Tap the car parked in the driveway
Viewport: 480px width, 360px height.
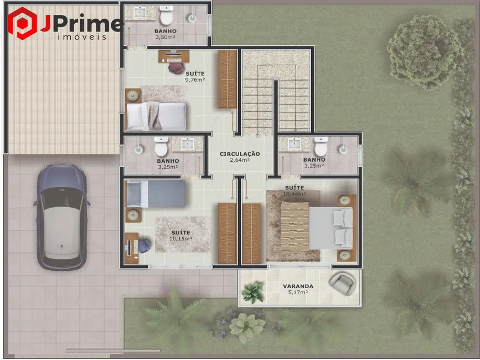click(x=61, y=216)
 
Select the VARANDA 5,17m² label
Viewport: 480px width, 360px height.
click(x=298, y=290)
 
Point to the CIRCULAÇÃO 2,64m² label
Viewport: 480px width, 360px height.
click(x=240, y=157)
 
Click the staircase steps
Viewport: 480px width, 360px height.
click(x=275, y=94)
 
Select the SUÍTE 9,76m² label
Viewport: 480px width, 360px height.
click(x=195, y=76)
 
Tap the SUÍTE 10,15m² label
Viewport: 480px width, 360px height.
click(x=182, y=235)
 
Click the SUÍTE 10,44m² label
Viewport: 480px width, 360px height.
click(x=293, y=191)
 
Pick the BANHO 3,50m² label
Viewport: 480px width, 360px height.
click(x=166, y=34)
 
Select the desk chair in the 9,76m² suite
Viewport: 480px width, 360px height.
click(x=176, y=67)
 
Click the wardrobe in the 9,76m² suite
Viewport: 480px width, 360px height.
click(x=228, y=79)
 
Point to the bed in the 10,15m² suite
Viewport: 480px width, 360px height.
click(x=156, y=194)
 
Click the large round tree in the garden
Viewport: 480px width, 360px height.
click(x=425, y=51)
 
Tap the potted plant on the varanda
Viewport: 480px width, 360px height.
click(x=253, y=292)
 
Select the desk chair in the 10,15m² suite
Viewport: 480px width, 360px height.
click(x=143, y=244)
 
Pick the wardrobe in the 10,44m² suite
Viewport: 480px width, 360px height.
click(x=251, y=233)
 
